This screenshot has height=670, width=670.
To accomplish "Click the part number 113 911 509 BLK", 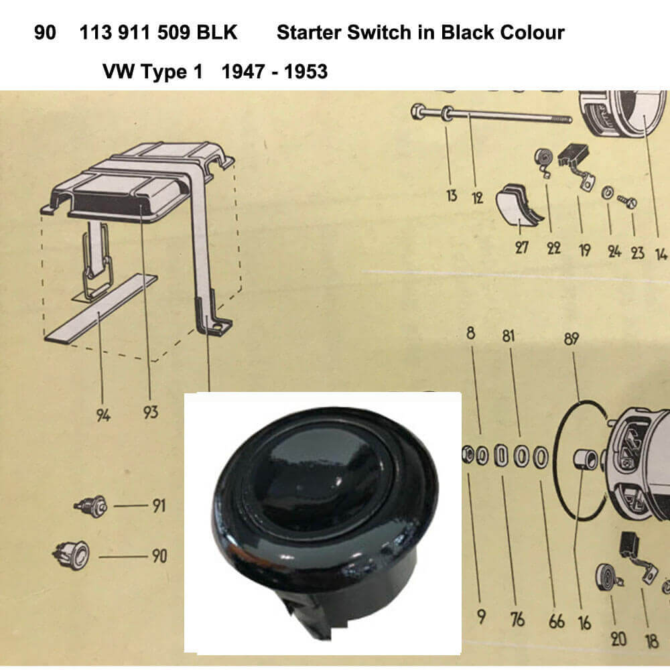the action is (158, 32).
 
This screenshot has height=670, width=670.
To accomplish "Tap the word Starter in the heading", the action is (308, 32).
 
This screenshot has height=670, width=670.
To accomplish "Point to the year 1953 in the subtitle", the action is (306, 72).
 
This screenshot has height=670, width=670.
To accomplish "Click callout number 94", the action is (103, 415).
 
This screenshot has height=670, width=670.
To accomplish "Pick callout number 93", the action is (150, 412).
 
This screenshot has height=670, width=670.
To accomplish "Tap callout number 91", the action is (159, 506).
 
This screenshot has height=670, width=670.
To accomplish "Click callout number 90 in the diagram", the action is (159, 556).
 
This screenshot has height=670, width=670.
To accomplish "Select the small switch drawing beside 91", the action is (90, 507).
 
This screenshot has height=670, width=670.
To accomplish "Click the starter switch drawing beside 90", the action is (72, 555).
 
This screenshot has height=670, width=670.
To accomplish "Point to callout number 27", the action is (522, 247).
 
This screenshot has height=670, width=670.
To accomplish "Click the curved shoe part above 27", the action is (518, 207).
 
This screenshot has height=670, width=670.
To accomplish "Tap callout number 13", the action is (452, 196).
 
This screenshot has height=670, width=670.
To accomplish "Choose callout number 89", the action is (572, 339).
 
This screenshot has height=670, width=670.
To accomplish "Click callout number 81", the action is (508, 336).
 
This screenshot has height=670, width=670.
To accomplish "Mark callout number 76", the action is (517, 619).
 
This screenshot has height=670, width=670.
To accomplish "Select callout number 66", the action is (557, 622).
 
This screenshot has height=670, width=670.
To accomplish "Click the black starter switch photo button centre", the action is (324, 476).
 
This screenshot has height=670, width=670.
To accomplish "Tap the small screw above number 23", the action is (627, 201).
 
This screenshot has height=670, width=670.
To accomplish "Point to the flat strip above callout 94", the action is (101, 308).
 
